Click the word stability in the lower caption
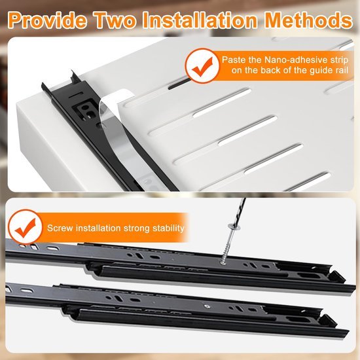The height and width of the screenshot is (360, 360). (166, 228)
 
